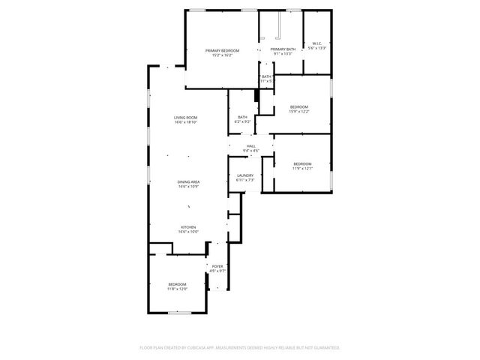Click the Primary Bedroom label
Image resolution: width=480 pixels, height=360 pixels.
(222, 50)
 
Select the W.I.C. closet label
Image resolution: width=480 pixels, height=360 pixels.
(316, 43)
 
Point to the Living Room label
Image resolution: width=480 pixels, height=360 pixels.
(186, 118)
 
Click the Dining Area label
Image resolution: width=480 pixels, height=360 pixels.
(188, 182)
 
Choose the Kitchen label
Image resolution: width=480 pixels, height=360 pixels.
(188, 227)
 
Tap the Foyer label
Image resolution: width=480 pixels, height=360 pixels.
(217, 266)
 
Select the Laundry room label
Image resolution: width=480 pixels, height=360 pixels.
(245, 175)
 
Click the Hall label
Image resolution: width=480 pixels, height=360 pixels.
(251, 146)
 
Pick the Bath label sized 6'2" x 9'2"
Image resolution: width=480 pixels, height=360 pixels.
(242, 117)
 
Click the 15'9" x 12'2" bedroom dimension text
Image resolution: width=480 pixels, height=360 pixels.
(299, 112)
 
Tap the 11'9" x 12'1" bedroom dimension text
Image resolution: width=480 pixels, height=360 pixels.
(302, 168)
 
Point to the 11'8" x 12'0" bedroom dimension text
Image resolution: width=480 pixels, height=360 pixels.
(177, 289)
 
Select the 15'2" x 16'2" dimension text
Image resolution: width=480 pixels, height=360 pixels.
(222, 55)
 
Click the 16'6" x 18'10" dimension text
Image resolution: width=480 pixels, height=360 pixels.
(186, 122)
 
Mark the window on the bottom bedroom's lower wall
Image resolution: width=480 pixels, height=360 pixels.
(178, 313)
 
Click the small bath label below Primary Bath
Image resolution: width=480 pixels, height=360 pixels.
(266, 76)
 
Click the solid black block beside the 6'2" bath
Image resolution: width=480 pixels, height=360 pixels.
(256, 95)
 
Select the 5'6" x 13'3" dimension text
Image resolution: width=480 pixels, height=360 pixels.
(316, 48)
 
